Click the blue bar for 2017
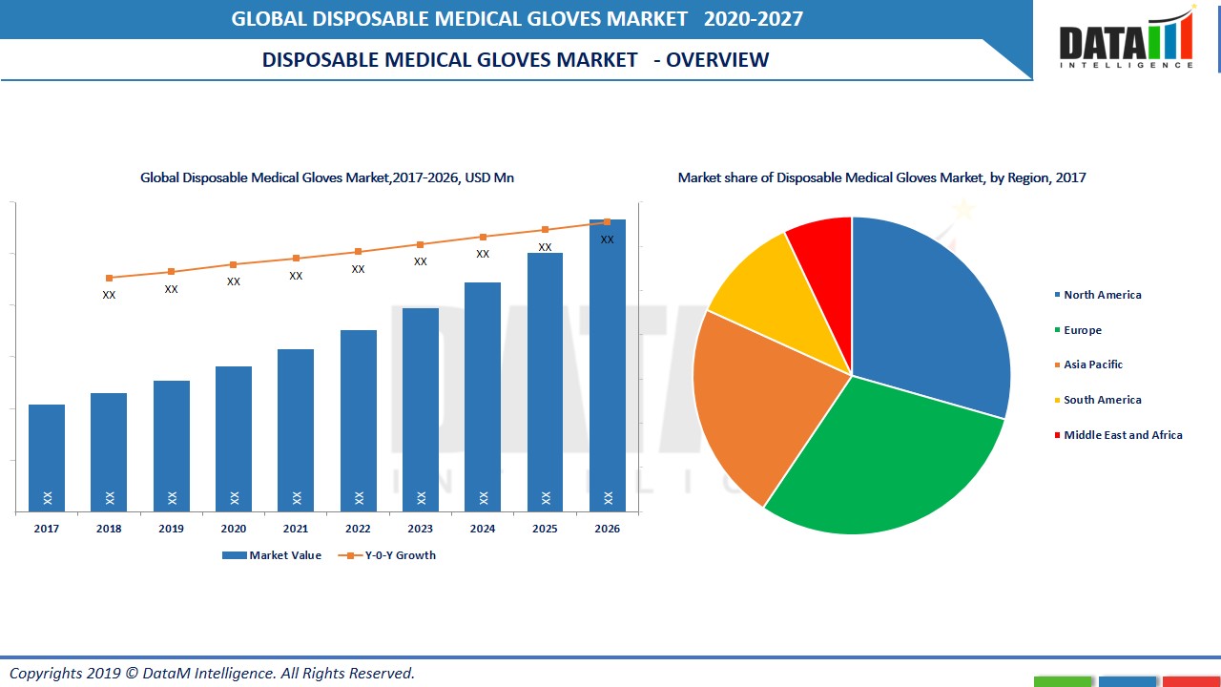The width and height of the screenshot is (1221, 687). pos(47,458)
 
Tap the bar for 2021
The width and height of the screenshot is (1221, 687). pos(296,429)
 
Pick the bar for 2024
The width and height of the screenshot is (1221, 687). pos(483,396)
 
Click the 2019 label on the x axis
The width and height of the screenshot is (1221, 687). pos(172,529)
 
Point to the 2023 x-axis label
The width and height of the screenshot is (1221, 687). pos(421,529)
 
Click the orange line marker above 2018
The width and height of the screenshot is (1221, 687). pos(109,278)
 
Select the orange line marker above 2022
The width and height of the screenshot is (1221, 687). pos(359,252)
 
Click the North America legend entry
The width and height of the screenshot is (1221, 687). pos(1102,295)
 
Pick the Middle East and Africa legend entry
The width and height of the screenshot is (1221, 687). pos(1122,435)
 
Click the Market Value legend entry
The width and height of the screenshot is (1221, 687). pos(284,555)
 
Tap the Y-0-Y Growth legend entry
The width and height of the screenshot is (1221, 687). pos(400,555)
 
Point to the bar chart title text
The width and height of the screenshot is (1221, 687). pos(327,177)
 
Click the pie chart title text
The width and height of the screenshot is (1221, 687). pos(881,177)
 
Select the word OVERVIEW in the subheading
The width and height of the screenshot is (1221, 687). pos(717,60)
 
